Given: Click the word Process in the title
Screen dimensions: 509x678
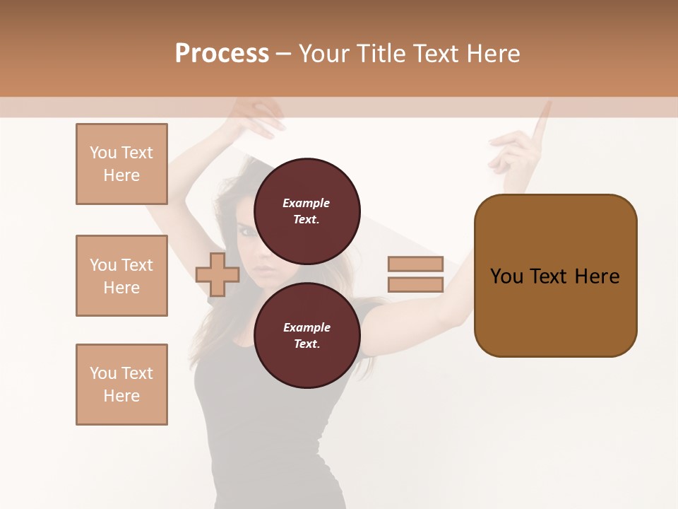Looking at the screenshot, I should [x=222, y=54].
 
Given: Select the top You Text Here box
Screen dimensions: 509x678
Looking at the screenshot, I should [x=121, y=164].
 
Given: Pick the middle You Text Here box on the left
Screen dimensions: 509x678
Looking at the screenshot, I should [x=121, y=276].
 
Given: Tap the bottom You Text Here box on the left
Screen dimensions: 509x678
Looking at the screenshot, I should [x=121, y=385].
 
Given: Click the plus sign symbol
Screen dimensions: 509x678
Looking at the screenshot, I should [x=218, y=274].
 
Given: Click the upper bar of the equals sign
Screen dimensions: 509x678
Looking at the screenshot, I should [x=415, y=264].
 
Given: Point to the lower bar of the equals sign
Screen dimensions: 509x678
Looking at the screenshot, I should [x=415, y=285].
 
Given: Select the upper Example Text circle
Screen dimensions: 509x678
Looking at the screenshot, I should [x=307, y=211].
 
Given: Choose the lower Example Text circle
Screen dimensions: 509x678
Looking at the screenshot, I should [x=307, y=335].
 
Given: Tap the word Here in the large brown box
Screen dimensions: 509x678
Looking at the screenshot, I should [x=597, y=276].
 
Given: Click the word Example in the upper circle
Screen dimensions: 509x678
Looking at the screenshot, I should [x=306, y=203].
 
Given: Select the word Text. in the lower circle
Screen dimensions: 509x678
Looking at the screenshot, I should [x=307, y=344].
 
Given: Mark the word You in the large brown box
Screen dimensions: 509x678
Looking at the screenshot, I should [x=506, y=276].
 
